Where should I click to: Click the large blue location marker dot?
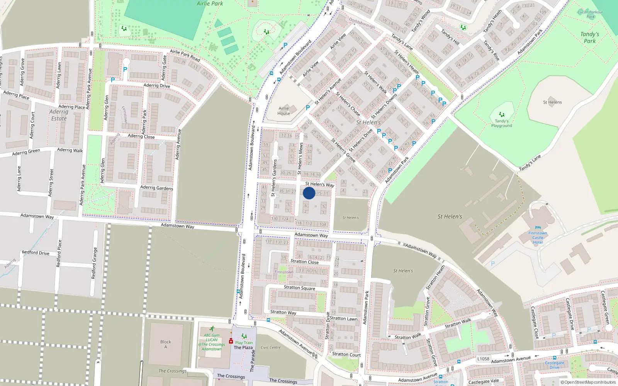(309, 193)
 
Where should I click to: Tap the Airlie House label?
(284, 111)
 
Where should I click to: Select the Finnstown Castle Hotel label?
(538, 237)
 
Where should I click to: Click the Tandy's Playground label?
(501, 123)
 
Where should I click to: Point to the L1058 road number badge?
(483, 359)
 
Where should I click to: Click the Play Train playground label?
(244, 342)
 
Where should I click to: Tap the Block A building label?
(166, 344)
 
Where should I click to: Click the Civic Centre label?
(270, 347)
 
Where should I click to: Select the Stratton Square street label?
(299, 288)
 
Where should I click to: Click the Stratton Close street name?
(304, 262)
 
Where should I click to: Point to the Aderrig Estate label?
(59, 115)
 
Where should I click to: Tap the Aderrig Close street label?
(141, 136)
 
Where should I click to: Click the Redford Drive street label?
(36, 253)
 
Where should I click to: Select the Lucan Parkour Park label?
(590, 14)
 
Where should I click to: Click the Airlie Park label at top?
(210, 3)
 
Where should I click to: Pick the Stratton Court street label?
(346, 354)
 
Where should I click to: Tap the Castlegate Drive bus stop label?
(554, 365)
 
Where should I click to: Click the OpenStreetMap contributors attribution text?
(588, 383)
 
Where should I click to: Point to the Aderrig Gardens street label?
(156, 188)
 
